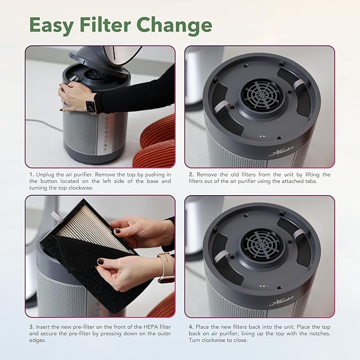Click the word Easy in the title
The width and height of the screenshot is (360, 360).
pos(51,25)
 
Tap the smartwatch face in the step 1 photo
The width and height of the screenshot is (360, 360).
pos(90,106)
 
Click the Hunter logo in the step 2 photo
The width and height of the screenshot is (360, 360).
pos(282,151)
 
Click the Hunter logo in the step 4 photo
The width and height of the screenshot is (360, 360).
pos(282,300)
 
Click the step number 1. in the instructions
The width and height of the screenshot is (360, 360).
pos(32,175)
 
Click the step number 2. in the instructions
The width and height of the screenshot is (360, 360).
pos(191,175)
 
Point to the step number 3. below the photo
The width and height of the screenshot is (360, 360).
pos(32,327)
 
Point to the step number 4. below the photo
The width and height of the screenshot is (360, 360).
pos(191,327)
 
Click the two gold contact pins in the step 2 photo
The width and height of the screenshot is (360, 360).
pos(262,136)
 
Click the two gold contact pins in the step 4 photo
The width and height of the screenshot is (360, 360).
pos(262,286)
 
